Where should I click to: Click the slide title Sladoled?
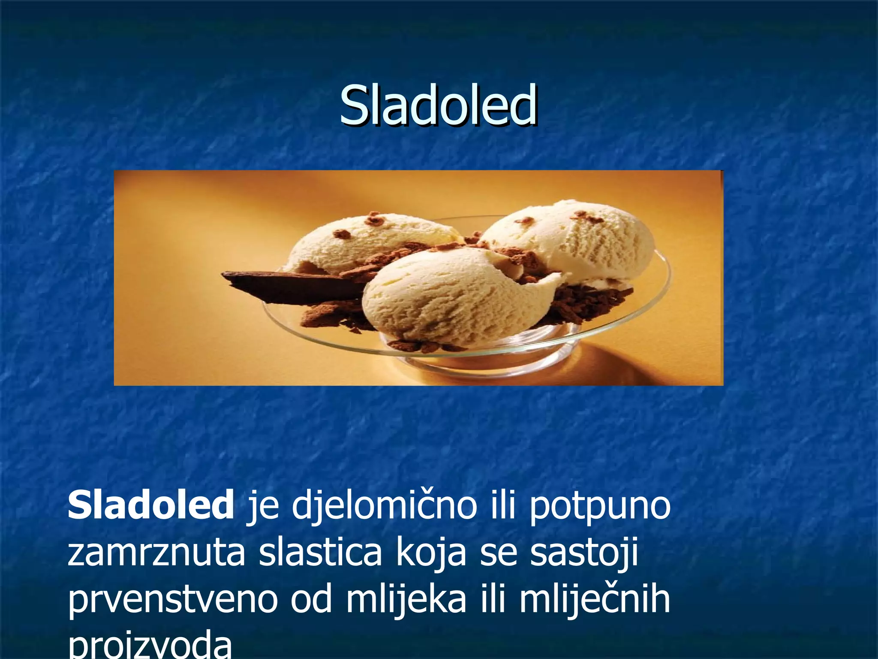438,105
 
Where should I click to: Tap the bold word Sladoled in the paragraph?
150,505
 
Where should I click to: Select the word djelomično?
384,506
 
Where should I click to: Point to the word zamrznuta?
156,553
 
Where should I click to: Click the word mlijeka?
406,601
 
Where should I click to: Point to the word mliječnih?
595,601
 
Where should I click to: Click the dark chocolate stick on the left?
279,285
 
